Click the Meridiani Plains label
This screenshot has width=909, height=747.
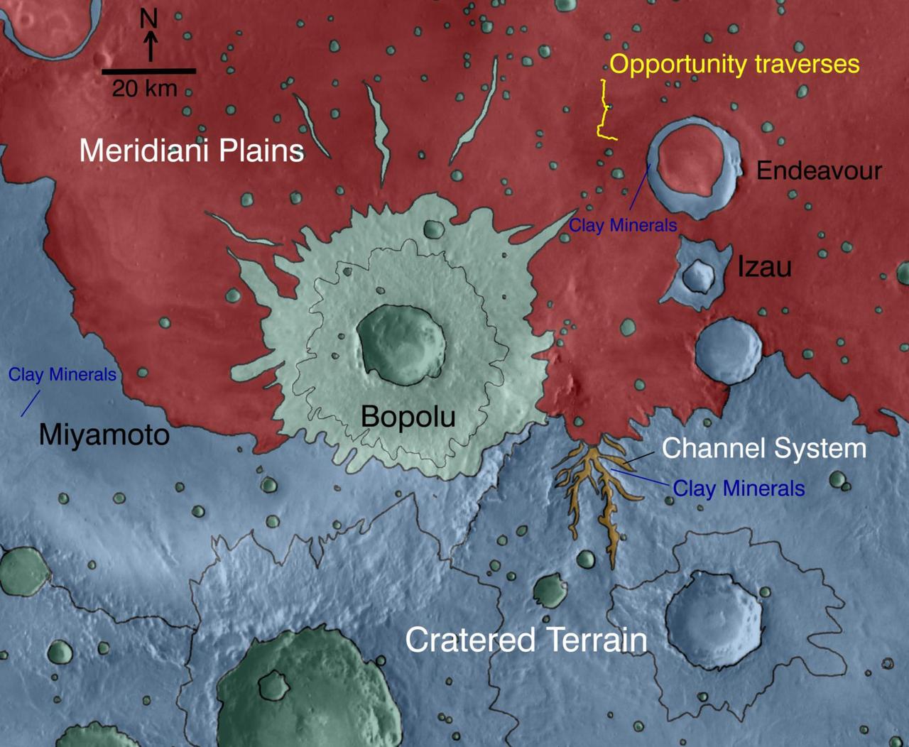(x=191, y=151)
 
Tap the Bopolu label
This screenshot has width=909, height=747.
(x=408, y=416)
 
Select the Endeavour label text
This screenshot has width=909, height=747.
(x=819, y=170)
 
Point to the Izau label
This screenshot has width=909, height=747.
(x=764, y=267)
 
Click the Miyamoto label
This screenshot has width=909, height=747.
(x=104, y=434)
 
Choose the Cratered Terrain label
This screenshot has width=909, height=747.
(x=526, y=640)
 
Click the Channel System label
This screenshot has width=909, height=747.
(x=763, y=448)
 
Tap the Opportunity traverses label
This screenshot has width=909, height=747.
(x=734, y=64)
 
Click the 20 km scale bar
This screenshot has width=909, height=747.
(x=148, y=71)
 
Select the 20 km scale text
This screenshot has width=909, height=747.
(x=144, y=89)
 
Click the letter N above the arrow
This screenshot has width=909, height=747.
(x=148, y=18)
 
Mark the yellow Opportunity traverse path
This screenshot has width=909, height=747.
(x=604, y=114)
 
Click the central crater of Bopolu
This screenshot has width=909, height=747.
(x=401, y=344)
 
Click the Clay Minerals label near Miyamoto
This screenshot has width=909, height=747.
(x=62, y=374)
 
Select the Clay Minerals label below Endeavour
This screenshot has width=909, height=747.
(x=623, y=225)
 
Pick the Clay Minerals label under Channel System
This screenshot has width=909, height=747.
(x=739, y=489)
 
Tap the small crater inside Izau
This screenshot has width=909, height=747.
(x=699, y=276)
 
